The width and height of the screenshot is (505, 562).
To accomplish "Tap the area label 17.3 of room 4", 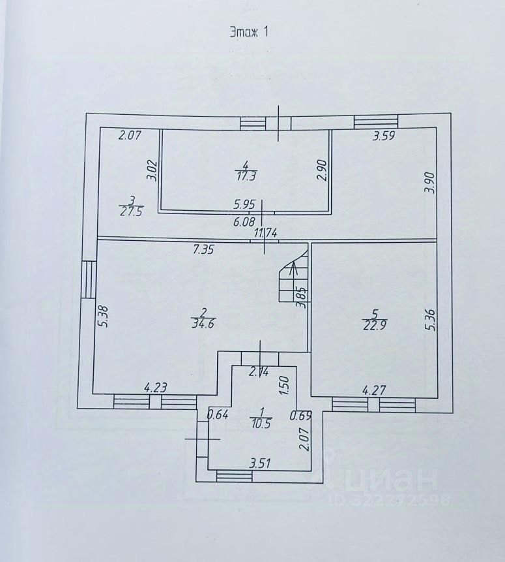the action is tap(246, 175).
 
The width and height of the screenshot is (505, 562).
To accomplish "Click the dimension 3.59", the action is tap(384, 137).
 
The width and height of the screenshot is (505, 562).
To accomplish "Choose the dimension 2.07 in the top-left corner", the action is tap(130, 136).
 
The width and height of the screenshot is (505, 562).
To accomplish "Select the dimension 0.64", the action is tap(217, 414).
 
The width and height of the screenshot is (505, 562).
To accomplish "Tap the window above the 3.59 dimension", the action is tap(376, 121).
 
